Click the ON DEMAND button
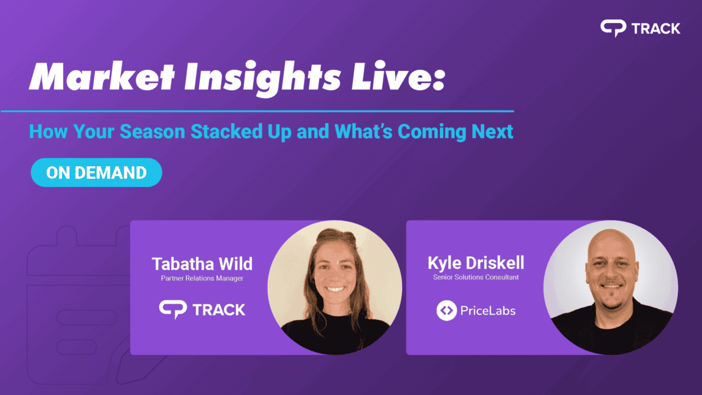tap(97, 172)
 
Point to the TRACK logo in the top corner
tap(640, 28)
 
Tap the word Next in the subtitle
tap(491, 132)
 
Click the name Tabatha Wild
tap(202, 264)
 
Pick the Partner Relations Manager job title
tap(202, 278)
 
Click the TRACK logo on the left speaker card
tap(202, 309)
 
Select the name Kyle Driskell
tap(475, 263)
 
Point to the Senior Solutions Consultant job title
tap(475, 277)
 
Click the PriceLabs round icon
tap(446, 311)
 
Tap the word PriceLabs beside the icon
tap(489, 311)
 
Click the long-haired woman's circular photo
tap(335, 287)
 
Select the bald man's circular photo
tap(610, 287)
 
